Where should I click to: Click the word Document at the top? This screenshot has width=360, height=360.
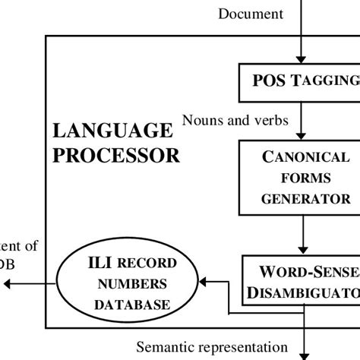pyautogui.click(x=251, y=13)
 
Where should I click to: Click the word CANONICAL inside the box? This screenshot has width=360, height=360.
pyautogui.click(x=304, y=159)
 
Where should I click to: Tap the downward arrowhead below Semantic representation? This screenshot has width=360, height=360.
pyautogui.click(x=304, y=354)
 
